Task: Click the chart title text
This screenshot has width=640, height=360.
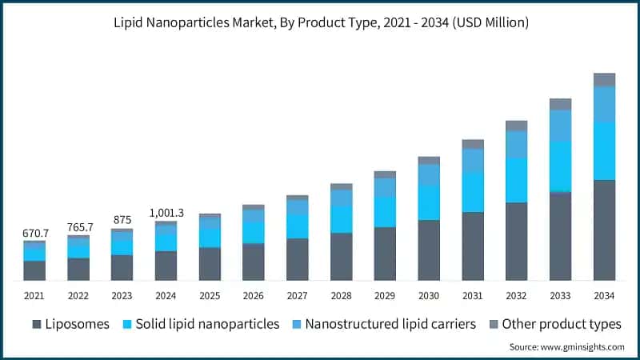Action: pyautogui.click(x=320, y=23)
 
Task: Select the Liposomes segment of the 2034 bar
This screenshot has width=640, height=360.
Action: pyautogui.click(x=604, y=230)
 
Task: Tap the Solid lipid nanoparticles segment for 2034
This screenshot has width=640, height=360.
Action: pyautogui.click(x=604, y=150)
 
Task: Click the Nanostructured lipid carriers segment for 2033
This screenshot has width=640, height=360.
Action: pyautogui.click(x=560, y=126)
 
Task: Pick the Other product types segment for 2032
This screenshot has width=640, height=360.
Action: pyautogui.click(x=516, y=126)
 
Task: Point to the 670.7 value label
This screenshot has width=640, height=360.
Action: pyautogui.click(x=35, y=233)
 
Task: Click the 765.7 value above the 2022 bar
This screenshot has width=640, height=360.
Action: pyautogui.click(x=79, y=227)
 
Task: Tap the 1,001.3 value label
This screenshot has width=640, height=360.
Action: pyautogui.click(x=166, y=213)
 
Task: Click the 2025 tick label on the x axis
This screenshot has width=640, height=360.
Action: pyautogui.click(x=210, y=295)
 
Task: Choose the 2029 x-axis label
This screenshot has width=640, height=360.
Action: pyautogui.click(x=385, y=295)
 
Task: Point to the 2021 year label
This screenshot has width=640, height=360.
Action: pyautogui.click(x=34, y=295)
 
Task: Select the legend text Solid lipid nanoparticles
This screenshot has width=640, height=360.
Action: pyautogui.click(x=207, y=324)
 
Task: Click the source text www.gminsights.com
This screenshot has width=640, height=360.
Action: pyautogui.click(x=567, y=347)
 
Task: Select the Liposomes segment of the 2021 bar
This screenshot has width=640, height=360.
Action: pyautogui.click(x=34, y=270)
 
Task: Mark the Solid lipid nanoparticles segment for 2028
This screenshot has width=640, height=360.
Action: pyautogui.click(x=342, y=219)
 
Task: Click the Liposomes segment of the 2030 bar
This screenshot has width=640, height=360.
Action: pyautogui.click(x=429, y=250)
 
